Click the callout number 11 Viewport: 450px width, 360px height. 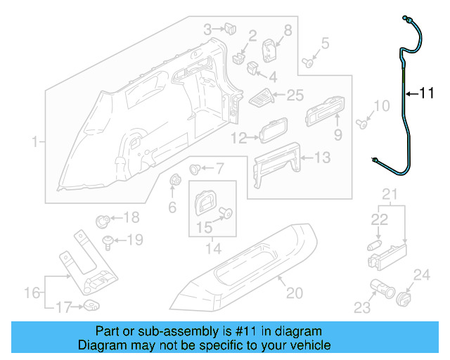(427, 92)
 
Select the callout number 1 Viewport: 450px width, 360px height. (33, 143)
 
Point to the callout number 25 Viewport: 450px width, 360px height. (295, 94)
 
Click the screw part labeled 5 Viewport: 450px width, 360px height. (309, 63)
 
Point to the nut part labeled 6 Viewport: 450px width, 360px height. (174, 182)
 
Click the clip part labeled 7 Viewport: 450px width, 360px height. (196, 169)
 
